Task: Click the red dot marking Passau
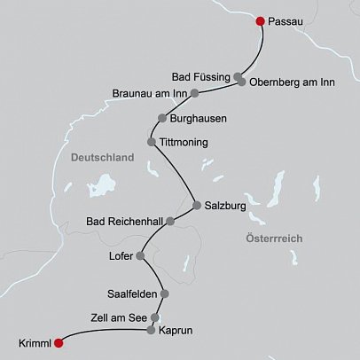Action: (260, 21)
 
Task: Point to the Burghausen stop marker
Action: (161, 118)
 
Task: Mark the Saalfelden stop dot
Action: (164, 294)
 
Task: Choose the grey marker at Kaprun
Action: (151, 331)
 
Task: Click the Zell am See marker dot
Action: (155, 316)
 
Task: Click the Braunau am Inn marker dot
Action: (195, 92)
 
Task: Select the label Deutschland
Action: (101, 158)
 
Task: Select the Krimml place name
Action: (34, 342)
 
